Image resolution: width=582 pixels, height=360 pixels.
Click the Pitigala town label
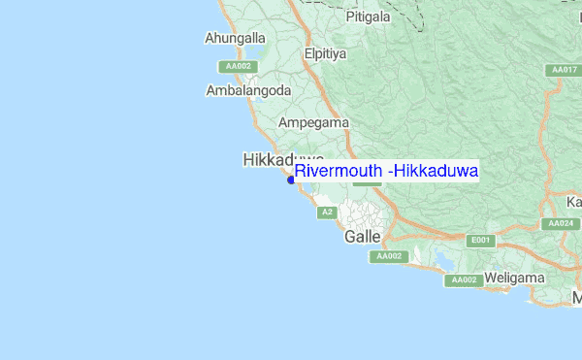point(368,16)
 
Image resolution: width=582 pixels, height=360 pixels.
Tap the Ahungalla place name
point(235,39)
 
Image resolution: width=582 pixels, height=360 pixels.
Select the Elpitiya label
point(325,54)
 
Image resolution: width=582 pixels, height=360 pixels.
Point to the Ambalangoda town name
point(249,90)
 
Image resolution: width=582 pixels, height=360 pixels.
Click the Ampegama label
point(313,123)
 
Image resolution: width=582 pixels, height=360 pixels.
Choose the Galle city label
point(363,236)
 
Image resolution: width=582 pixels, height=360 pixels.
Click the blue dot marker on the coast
point(291,179)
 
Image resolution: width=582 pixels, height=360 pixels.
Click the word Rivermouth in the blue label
point(339,171)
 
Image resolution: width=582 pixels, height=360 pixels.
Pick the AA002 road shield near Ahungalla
point(237,66)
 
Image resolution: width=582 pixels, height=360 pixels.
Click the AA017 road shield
point(563,70)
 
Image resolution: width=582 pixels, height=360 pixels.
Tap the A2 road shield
point(327,212)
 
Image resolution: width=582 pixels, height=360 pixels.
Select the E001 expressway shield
point(480,240)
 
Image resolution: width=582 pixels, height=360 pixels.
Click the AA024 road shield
point(560,223)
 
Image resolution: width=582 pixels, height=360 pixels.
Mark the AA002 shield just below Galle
point(389,256)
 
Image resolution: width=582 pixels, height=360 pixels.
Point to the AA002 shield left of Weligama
point(464,280)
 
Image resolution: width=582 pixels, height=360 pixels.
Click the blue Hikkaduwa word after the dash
point(435,171)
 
